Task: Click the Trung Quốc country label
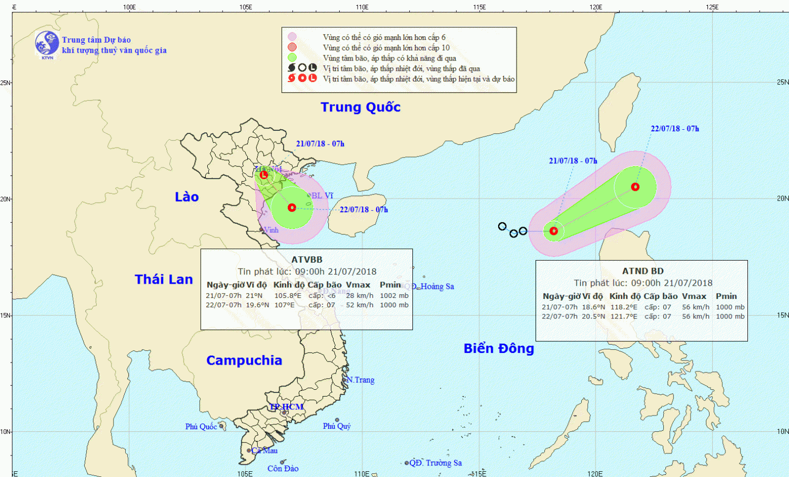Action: pos(360,107)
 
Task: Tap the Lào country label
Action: pos(187,197)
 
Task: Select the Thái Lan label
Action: pos(164,279)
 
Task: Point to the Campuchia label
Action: pos(244,360)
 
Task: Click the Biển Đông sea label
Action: pos(499,348)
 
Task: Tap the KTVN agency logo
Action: pos(47,44)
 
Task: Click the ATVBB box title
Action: pos(307,260)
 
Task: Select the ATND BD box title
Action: pos(643,271)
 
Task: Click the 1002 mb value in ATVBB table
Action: pos(394,296)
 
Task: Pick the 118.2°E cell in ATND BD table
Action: pos(624,307)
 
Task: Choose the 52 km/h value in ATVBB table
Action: pos(360,305)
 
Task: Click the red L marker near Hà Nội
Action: pos(264,175)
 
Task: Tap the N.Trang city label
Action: pos(361,380)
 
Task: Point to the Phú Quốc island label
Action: pos(201,427)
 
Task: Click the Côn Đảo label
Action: pos(283,469)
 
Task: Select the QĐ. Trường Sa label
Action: pos(436,463)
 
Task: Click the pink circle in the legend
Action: pos(292,37)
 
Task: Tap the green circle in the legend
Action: pos(292,58)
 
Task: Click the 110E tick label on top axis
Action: pos(362,7)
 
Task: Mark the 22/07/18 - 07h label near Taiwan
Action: pos(675,129)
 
